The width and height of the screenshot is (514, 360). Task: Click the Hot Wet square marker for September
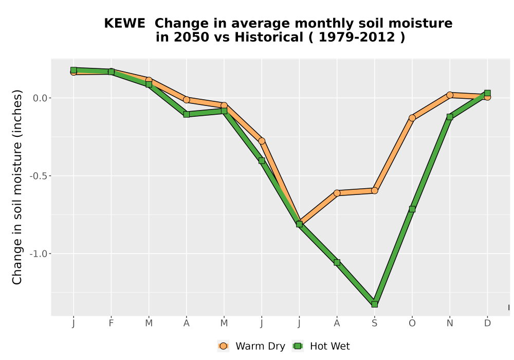374,304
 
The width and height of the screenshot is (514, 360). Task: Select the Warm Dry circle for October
412,118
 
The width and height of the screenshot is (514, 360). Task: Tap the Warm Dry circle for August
337,193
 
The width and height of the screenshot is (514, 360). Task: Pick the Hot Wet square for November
450,117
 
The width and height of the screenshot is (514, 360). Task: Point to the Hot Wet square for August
337,262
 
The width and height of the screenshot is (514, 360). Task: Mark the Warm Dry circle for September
374,190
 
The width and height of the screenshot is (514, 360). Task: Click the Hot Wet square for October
412,209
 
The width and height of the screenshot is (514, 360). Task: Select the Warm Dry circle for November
450,95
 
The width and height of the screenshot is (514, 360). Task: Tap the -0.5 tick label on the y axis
39,176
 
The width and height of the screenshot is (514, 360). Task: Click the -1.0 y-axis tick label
39,254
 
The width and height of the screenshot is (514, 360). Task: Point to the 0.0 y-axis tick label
40,98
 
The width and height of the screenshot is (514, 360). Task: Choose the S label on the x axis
374,323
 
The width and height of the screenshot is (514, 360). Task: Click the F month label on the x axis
111,323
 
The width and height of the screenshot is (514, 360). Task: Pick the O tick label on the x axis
412,323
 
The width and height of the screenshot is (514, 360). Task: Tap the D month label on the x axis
487,323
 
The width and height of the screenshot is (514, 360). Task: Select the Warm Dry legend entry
251,346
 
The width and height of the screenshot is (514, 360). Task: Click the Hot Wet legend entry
321,346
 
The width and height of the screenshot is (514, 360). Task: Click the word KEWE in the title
124,24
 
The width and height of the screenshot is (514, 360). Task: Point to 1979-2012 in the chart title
357,38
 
